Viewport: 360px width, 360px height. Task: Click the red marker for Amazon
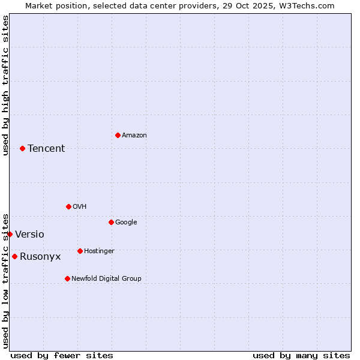[118, 135]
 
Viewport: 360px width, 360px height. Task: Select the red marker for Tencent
[22, 148]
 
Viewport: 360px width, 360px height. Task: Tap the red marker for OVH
[68, 206]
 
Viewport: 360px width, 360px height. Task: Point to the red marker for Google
[111, 222]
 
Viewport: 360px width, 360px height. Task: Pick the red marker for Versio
[10, 234]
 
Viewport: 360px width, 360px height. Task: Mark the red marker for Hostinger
[80, 251]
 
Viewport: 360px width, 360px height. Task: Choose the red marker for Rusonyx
[14, 256]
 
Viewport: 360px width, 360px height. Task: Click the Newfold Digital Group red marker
[67, 278]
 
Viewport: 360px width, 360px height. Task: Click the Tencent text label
[46, 148]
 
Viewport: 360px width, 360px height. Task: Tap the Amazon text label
[134, 135]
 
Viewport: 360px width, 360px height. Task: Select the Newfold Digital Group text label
[106, 278]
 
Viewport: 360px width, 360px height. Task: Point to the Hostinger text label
[99, 251]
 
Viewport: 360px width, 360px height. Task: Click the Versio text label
[29, 234]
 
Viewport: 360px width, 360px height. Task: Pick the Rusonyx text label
[40, 256]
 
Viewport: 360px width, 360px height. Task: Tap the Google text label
[126, 222]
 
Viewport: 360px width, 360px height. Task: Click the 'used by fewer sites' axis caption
[62, 355]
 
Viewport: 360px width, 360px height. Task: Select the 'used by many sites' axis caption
[301, 355]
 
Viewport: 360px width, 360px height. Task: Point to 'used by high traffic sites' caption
[5, 85]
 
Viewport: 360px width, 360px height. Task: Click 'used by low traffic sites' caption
[5, 280]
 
